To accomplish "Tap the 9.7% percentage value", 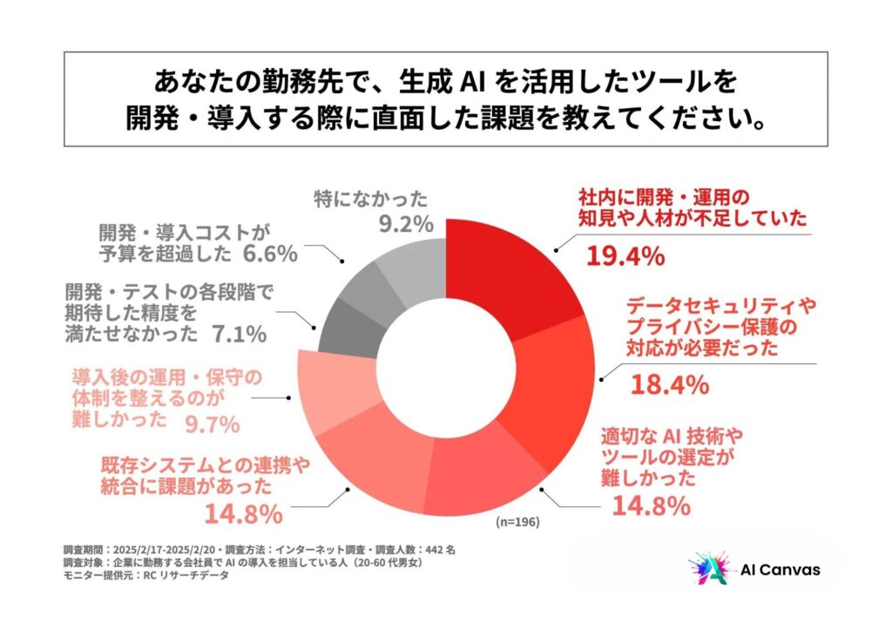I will [212, 424].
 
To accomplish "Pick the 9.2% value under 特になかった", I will [405, 224].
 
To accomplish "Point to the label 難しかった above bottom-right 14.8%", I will [648, 478].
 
